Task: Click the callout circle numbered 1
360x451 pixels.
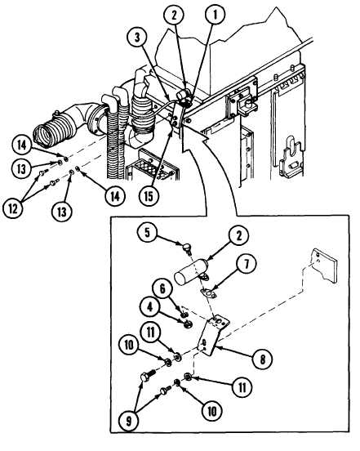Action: click(x=215, y=15)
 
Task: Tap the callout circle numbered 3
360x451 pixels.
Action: click(x=137, y=38)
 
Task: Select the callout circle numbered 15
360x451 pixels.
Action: click(x=149, y=197)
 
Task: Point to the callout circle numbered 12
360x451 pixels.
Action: click(x=13, y=208)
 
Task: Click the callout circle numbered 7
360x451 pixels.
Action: click(x=247, y=265)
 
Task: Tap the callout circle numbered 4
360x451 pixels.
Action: click(x=150, y=308)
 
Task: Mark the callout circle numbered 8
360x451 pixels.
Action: click(x=262, y=359)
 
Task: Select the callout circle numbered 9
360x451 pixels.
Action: click(x=129, y=421)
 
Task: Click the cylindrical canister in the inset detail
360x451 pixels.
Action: click(x=190, y=272)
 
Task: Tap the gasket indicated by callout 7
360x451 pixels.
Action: click(x=209, y=293)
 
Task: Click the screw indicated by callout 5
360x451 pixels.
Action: click(x=187, y=248)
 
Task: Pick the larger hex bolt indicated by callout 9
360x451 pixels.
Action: click(x=148, y=375)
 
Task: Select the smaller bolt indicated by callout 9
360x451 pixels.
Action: click(x=165, y=391)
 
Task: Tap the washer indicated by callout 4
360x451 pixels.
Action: click(x=188, y=324)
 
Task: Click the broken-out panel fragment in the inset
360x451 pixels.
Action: click(x=324, y=266)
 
